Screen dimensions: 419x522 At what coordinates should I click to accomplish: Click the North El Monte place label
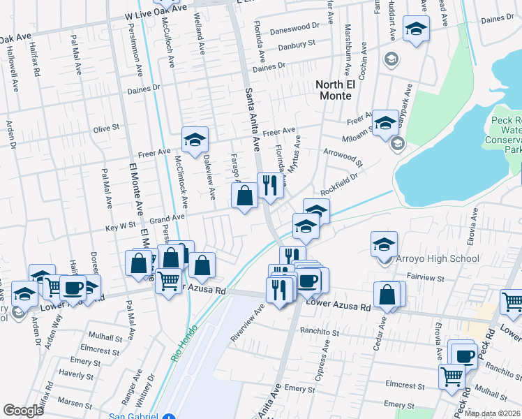[334, 89]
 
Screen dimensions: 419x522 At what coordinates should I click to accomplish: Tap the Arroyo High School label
[437, 258]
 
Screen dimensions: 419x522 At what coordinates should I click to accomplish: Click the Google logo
[23, 410]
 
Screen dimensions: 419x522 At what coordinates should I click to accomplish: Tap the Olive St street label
[107, 128]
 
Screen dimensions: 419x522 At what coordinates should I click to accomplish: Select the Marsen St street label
[70, 402]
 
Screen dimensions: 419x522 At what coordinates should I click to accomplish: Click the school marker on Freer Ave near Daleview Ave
[195, 139]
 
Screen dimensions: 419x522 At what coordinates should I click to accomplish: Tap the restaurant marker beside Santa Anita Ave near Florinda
[269, 185]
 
